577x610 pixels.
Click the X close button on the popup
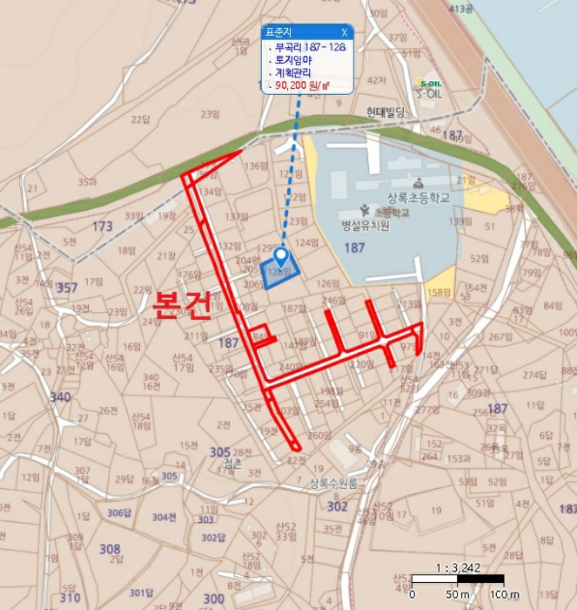[344, 31]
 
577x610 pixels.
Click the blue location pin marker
[281, 255]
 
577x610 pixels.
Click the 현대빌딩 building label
[386, 112]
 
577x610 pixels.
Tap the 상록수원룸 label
[333, 485]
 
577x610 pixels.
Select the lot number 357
[66, 288]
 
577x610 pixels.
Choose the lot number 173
[103, 227]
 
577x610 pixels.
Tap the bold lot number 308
[110, 549]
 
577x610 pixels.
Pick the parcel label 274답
[534, 375]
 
